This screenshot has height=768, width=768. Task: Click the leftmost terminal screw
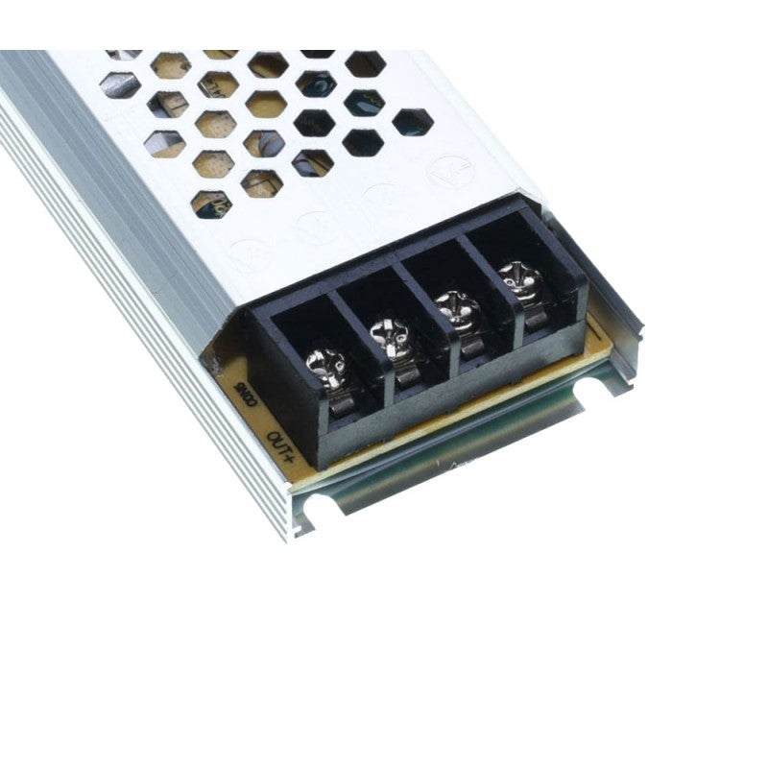320,363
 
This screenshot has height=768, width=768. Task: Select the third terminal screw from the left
452,310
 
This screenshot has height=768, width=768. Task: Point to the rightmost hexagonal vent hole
412,122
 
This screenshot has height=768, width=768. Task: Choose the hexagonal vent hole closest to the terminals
212,204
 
